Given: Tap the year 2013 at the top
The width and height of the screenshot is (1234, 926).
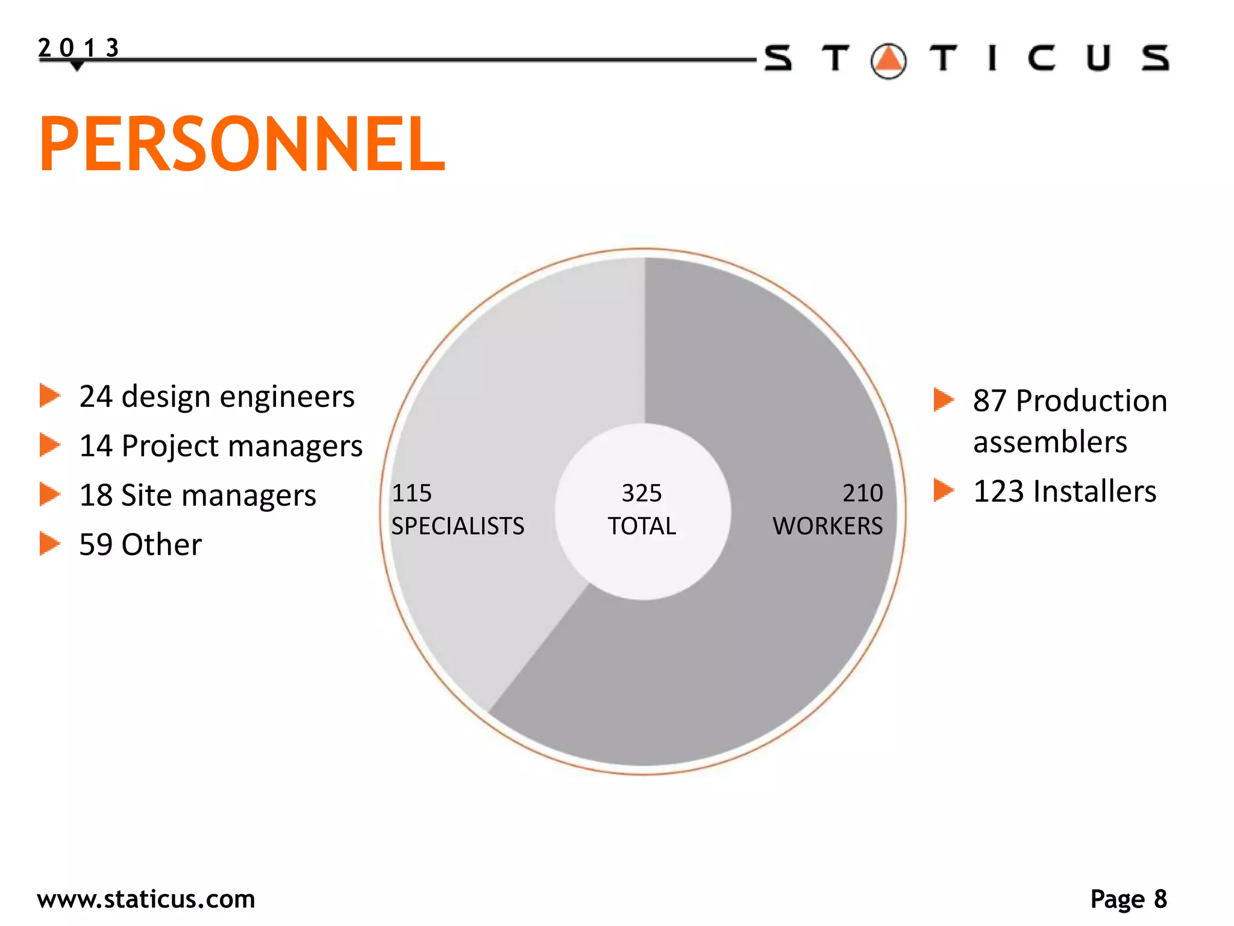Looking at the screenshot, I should pos(78,47).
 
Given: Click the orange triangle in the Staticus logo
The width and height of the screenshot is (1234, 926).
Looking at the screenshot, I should pos(889,60).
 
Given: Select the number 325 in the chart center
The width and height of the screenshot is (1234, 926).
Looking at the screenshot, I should pos(642,493).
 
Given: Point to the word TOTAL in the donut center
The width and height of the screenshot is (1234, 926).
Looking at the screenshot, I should pos(642,526).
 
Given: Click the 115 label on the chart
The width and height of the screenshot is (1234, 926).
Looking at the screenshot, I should pos(412,493).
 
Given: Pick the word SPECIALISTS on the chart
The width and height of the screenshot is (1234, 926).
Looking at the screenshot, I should pos(458,526).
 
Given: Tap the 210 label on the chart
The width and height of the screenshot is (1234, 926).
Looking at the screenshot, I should pos(863,493).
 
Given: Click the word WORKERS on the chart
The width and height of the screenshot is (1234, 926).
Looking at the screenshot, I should pos(828,526).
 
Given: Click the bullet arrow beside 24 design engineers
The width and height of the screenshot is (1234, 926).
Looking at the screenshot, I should pos(50,396).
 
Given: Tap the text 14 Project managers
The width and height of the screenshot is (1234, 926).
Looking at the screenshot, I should pos(221,446).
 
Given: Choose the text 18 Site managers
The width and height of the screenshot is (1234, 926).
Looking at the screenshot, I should pos(198,496).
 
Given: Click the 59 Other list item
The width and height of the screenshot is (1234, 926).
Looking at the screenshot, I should pos(140,544).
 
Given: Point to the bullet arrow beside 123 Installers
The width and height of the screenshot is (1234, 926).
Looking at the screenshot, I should pos(944,490).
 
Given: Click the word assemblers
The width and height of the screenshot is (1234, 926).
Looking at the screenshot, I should pos(1050,442).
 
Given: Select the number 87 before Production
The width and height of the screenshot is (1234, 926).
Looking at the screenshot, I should pos(989,401).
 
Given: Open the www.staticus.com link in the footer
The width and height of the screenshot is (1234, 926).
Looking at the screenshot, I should pos(146,899).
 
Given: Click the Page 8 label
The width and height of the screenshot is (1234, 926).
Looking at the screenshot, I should pos(1129,899).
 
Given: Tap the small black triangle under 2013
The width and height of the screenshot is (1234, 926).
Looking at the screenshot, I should pos(77,66).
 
